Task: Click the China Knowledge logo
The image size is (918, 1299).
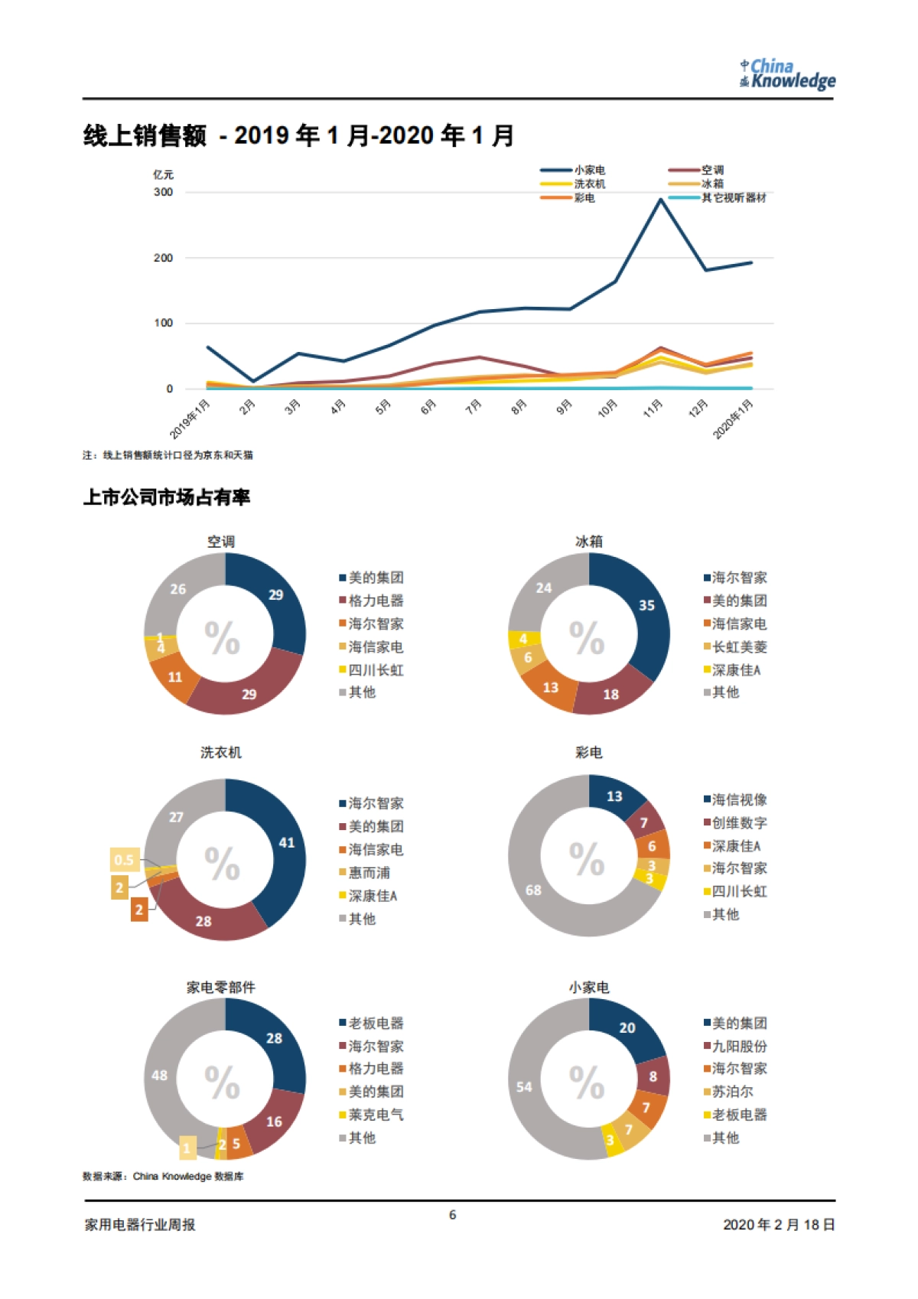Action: (x=787, y=74)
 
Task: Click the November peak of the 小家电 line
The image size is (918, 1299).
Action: (x=660, y=200)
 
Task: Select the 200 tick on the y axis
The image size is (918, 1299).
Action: (x=163, y=258)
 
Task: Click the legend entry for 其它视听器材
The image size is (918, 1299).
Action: (x=733, y=198)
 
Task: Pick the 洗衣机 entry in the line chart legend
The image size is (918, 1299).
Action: (x=589, y=184)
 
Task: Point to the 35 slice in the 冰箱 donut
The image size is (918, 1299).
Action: (x=646, y=605)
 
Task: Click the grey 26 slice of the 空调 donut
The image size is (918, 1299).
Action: (x=178, y=589)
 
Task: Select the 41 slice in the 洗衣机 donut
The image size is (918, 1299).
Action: (x=286, y=842)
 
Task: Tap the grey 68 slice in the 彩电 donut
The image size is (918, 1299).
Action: (x=533, y=890)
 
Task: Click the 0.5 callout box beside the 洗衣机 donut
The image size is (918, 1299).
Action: (x=124, y=860)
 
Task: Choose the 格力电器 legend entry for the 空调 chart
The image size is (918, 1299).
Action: (x=375, y=601)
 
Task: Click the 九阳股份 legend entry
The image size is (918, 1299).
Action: (x=739, y=1046)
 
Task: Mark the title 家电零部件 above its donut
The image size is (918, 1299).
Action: (x=221, y=988)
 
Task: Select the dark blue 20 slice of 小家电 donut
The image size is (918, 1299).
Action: (x=627, y=1028)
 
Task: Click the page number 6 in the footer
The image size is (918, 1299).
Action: (x=453, y=1215)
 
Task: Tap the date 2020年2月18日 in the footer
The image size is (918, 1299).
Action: (x=779, y=1225)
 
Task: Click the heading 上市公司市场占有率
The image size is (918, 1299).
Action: (x=167, y=498)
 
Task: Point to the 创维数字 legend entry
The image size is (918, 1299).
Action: (x=739, y=823)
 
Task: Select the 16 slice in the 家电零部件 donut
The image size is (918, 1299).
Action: (x=274, y=1122)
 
